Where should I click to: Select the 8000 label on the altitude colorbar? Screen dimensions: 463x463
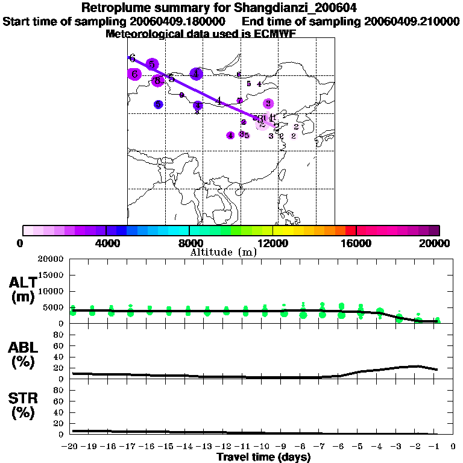point(189,243)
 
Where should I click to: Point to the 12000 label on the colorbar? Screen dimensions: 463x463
point(272,243)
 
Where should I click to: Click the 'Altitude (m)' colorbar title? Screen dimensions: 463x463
point(223,252)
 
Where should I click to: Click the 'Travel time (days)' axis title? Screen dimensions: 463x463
point(263,458)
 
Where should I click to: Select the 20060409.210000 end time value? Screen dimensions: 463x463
point(412,22)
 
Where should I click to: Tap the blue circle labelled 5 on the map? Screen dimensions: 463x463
point(158,104)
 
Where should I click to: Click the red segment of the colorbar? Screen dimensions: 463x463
point(350,230)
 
